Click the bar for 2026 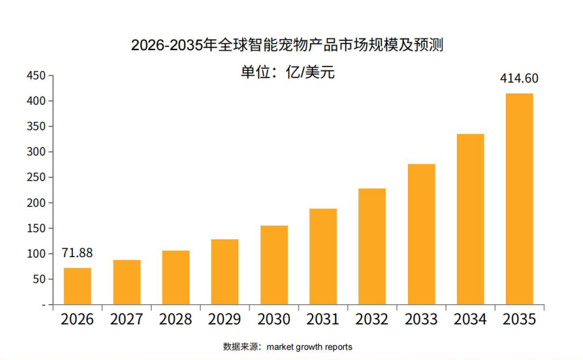click(77, 286)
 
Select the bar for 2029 click(225, 272)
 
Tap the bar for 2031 click(323, 257)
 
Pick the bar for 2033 click(421, 235)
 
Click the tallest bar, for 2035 click(520, 199)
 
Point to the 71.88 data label click(77, 253)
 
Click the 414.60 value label click(519, 78)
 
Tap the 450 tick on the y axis click(36, 76)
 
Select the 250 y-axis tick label click(36, 177)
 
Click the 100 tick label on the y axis click(36, 254)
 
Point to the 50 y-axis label click(39, 279)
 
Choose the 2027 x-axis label click(126, 319)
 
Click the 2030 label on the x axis click(274, 319)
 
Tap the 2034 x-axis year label click(470, 319)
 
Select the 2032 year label click(372, 319)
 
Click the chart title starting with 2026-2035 click(287, 45)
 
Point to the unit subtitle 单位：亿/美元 click(288, 72)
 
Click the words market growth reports click(309, 347)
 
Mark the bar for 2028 click(176, 277)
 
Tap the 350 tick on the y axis click(36, 126)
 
